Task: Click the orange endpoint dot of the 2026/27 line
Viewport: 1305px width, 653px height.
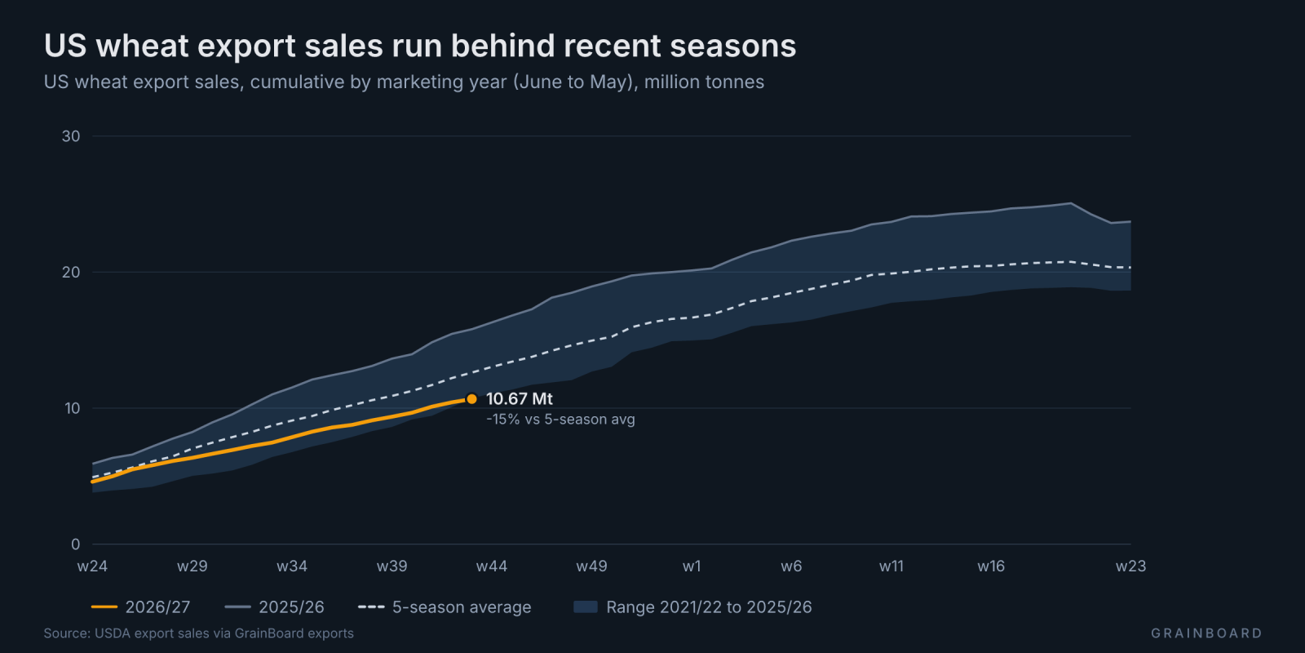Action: (472, 399)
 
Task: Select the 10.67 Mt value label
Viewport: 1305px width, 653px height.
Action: (519, 399)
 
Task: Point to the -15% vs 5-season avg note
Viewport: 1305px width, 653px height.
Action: (560, 420)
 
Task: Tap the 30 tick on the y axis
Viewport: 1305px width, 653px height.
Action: (71, 135)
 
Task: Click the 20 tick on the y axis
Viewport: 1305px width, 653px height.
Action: (71, 273)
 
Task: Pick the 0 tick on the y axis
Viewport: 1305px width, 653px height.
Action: (75, 544)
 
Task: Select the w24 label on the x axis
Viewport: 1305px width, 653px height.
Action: (92, 566)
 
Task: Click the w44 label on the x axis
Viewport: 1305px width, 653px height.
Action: (492, 566)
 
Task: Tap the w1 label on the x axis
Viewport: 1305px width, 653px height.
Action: (692, 566)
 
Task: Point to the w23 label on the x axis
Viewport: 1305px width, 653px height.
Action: (1130, 566)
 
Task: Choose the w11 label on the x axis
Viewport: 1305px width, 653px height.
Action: (891, 566)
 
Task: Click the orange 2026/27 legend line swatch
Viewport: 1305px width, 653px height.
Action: (104, 607)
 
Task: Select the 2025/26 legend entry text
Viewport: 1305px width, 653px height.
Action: (291, 607)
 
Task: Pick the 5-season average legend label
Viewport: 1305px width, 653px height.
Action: (462, 607)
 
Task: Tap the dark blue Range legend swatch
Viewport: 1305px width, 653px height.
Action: (586, 607)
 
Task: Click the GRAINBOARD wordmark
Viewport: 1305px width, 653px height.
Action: (1206, 633)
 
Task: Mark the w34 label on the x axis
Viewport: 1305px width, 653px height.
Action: (292, 566)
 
